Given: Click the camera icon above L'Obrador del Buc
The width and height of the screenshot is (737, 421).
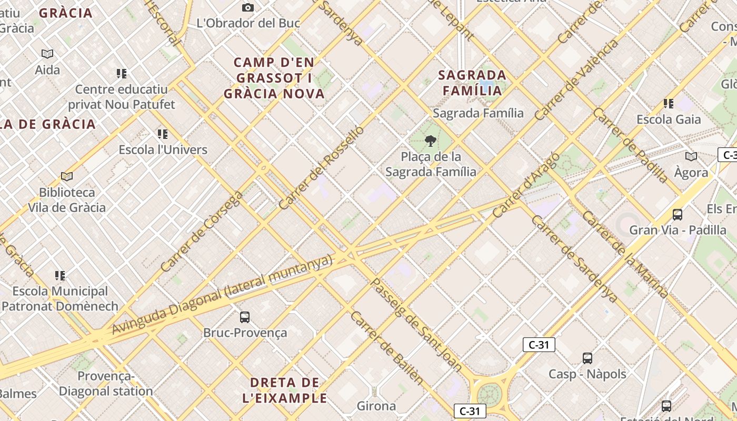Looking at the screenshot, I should [x=248, y=7].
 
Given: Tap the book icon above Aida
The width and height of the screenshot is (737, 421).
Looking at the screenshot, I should [x=47, y=54].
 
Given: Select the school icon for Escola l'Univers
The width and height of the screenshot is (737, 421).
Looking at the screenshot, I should [x=163, y=134].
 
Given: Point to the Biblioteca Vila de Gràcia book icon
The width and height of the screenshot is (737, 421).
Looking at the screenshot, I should [x=67, y=176].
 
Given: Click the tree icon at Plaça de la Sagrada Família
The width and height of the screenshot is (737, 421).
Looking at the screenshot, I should [x=431, y=141].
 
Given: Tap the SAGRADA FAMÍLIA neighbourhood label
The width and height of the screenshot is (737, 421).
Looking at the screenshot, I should [x=472, y=83].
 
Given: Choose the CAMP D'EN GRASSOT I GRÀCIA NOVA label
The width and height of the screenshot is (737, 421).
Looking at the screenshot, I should [x=274, y=78].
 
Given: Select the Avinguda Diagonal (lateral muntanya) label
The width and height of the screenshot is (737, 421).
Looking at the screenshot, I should [x=223, y=294].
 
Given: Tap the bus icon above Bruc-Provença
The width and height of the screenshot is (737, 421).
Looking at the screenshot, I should [x=245, y=317].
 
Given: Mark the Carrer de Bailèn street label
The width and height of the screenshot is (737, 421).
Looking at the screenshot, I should [x=387, y=348].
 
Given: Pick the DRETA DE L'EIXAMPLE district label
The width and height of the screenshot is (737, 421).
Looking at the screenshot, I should [x=285, y=390].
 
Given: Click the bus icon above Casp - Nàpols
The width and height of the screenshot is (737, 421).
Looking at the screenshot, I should [x=587, y=358].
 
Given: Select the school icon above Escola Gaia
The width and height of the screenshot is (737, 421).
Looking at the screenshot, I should [x=669, y=104].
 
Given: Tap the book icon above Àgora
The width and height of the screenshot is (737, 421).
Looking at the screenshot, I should [x=691, y=156].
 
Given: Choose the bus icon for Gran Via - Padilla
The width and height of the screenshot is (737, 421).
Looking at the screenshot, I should [x=678, y=214].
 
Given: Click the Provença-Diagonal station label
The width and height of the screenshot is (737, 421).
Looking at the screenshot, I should [x=106, y=384].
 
